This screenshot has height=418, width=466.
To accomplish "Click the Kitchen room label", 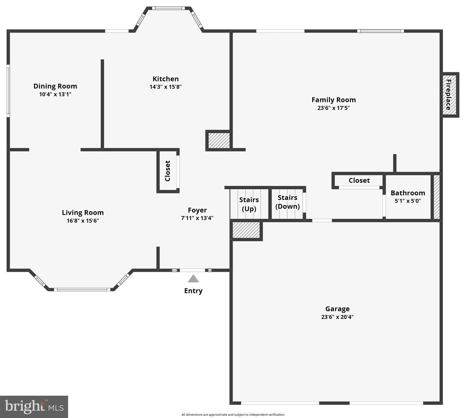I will click(x=165, y=79).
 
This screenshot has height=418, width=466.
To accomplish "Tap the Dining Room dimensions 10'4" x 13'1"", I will click(x=55, y=94).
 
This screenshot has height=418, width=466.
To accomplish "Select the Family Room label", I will click(x=333, y=100).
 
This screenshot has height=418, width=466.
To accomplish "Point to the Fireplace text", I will click(x=448, y=95).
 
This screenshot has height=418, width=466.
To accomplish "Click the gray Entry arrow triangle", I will click(x=193, y=279).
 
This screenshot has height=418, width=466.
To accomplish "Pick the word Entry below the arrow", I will click(x=193, y=291).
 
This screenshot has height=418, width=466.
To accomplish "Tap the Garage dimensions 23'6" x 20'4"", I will click(x=337, y=317).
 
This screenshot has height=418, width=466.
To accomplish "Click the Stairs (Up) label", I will click(x=249, y=204).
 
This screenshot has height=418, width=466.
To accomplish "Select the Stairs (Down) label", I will click(x=287, y=202).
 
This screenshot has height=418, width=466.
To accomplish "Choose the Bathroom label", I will click(x=408, y=193).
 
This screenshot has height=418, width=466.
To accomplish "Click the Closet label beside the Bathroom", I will click(x=359, y=180).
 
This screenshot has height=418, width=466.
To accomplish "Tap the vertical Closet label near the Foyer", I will click(x=167, y=171).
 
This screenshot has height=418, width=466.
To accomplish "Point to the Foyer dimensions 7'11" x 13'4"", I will click(x=197, y=218).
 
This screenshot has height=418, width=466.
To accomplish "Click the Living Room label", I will click(x=83, y=213).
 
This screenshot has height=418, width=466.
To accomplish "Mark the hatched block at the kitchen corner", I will click(x=219, y=140).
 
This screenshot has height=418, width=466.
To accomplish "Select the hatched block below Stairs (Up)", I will click(x=246, y=230).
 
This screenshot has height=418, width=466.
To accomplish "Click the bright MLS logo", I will click(x=34, y=407).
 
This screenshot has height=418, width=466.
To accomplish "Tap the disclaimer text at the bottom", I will click(x=233, y=415).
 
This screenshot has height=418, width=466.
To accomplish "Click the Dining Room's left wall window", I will click(x=8, y=91).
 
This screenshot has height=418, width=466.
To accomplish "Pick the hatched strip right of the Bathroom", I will click(x=436, y=197).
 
